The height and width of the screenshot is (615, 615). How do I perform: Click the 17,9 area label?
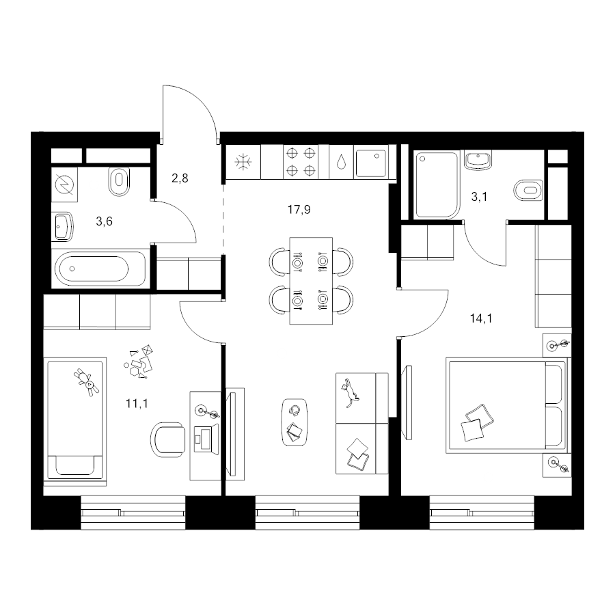299,210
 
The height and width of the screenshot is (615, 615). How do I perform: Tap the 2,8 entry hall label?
180,178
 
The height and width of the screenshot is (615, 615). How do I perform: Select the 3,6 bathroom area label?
104,221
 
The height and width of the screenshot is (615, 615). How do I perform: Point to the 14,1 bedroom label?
481,318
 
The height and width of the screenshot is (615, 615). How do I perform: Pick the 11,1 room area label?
137,403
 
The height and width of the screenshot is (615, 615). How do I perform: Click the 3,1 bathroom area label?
479,197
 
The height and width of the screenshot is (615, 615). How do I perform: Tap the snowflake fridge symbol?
243,161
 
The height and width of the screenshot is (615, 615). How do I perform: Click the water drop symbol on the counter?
341,161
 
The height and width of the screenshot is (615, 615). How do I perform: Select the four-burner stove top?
301,161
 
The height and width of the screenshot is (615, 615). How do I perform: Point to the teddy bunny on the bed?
86,382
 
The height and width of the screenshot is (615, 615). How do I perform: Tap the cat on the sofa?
350,393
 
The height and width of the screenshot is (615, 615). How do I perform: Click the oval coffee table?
295,422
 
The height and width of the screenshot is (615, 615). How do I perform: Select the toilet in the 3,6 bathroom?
119,181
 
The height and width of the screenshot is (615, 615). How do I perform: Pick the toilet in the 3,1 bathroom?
528,191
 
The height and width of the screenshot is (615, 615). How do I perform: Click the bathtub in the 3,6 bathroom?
99,269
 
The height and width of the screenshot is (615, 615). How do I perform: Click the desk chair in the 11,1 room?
168,439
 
